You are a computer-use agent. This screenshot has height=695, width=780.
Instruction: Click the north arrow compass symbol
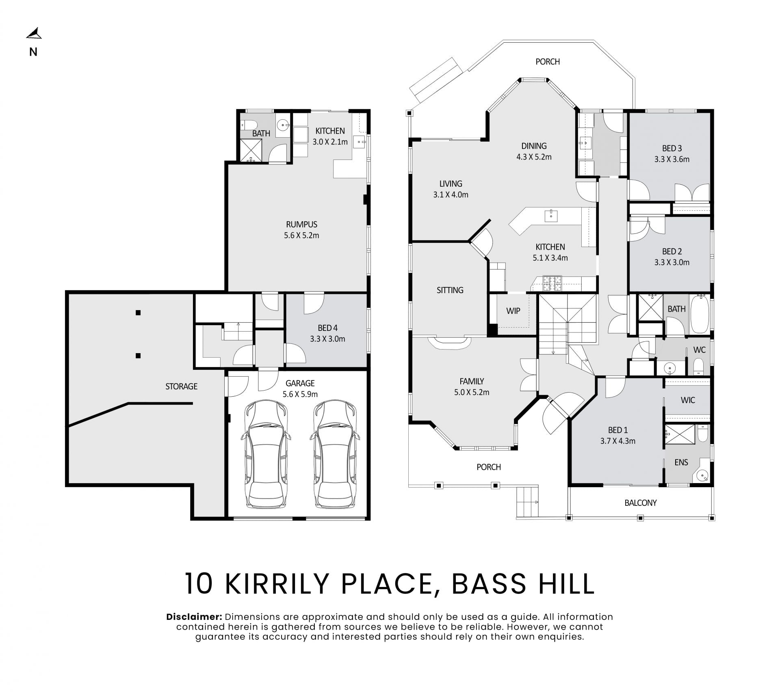click(34, 34)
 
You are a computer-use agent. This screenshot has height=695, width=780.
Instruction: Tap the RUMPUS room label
click(301, 224)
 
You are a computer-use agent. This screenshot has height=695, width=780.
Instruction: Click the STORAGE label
click(181, 386)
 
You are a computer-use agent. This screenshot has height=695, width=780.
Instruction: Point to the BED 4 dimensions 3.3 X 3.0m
click(327, 339)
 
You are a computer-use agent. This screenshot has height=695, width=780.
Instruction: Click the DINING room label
click(534, 146)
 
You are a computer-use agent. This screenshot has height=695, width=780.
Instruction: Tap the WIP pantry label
click(513, 311)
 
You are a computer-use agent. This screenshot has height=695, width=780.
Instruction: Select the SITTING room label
click(450, 290)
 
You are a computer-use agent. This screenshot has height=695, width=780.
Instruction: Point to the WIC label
click(688, 400)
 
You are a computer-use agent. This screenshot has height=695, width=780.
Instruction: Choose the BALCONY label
click(640, 503)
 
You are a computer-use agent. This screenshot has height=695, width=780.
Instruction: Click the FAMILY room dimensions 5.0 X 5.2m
click(472, 393)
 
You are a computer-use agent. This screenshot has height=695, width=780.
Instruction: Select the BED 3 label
click(672, 149)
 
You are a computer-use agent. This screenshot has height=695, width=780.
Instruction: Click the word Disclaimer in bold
click(194, 617)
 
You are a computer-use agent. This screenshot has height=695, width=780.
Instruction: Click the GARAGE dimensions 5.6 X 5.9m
click(300, 394)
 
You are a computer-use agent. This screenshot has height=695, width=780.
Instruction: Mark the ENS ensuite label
click(681, 462)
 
